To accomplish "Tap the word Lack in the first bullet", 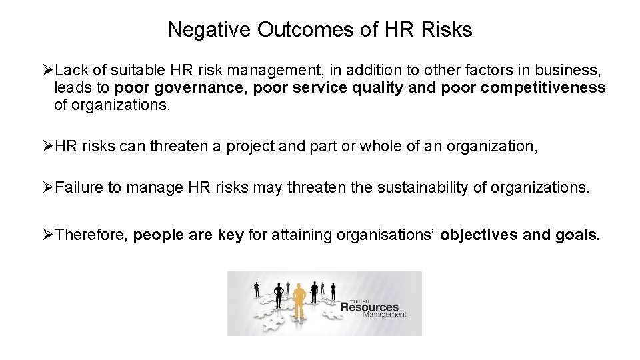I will coord(69,70).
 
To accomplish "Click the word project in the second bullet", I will coord(251,146).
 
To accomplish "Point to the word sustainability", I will coord(423,188).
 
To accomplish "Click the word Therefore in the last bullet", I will coord(91,235).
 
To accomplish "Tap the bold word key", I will coord(231,235).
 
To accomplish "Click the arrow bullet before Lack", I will coord(47,70).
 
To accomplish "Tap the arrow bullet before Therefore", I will coord(47,235).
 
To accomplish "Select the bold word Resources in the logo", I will coord(369,307).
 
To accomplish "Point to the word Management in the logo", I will coord(385,315).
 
